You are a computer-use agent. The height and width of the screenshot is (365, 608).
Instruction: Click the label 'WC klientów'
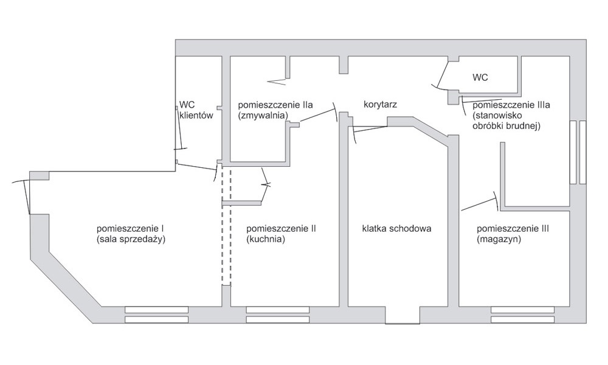click(196, 109)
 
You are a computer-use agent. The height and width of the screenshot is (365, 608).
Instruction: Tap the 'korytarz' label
click(381, 105)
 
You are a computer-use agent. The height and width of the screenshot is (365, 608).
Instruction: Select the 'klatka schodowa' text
click(396, 229)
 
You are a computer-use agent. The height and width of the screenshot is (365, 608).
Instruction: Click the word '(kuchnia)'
click(266, 239)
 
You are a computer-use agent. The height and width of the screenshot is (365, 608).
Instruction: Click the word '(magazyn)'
click(499, 239)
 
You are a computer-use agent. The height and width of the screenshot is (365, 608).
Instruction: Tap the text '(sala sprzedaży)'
click(131, 239)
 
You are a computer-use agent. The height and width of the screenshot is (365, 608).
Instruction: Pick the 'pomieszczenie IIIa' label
click(511, 105)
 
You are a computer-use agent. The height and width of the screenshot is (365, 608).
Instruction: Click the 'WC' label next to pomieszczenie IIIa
click(480, 77)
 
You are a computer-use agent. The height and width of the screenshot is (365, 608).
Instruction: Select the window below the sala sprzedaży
click(157, 315)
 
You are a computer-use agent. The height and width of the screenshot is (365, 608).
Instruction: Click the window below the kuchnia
click(278, 315)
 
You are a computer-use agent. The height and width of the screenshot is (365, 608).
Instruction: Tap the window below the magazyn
click(523, 315)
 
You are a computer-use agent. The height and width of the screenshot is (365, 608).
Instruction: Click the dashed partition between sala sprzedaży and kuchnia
click(226, 226)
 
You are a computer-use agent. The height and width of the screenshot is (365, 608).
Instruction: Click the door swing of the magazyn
click(480, 202)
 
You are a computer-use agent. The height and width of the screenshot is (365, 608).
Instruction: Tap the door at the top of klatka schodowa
click(370, 130)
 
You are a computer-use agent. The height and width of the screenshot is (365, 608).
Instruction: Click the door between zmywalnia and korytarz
click(318, 114)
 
